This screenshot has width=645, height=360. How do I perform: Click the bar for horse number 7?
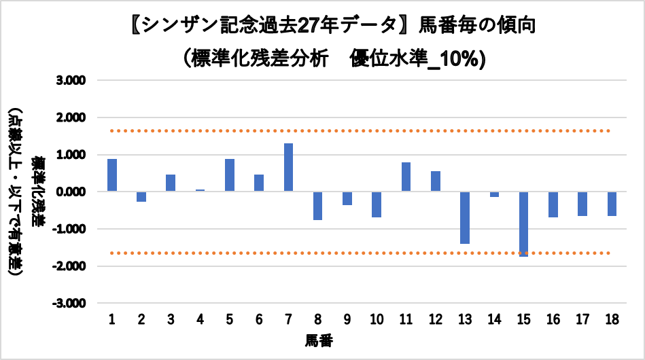[x=288, y=167]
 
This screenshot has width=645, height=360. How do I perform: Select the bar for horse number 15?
[x=523, y=223]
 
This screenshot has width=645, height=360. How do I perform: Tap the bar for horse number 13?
[x=465, y=217]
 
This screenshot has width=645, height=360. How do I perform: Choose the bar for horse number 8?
[x=318, y=205]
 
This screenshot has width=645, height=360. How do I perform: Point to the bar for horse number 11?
[x=406, y=177]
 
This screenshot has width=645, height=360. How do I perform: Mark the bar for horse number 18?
[x=612, y=203]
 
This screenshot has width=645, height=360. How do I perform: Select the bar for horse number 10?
[x=377, y=204]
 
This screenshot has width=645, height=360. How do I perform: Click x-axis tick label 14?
[x=494, y=319]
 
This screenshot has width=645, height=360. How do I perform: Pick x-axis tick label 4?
[x=200, y=319]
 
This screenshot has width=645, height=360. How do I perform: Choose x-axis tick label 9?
[x=347, y=319]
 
